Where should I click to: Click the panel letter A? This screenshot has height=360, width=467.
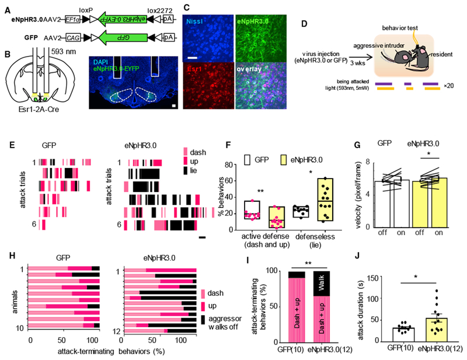tap(6, 6)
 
